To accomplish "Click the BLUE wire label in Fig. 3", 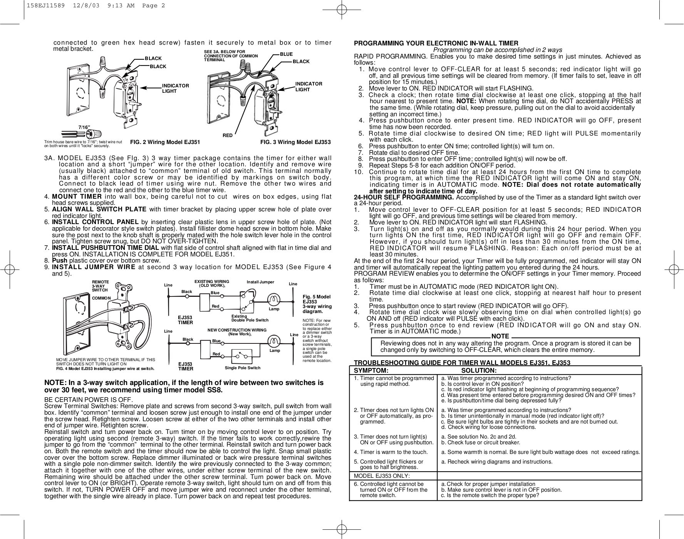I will tap(286, 54).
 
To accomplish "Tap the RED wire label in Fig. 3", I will tap(228, 136).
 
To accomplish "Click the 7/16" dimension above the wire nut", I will tap(84, 127).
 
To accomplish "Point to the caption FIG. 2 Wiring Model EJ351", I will tap(165, 142).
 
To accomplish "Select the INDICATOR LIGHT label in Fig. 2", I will tap(176, 88).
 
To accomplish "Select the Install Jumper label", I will tap(260, 282).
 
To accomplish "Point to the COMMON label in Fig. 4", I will tap(101, 298).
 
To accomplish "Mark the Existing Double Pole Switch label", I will tap(250, 318).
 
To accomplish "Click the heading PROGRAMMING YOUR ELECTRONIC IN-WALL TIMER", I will tap(436, 43).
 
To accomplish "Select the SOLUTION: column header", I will tap(479, 370).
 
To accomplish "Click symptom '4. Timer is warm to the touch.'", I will tap(391, 452).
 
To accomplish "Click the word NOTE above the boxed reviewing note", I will tap(500, 336).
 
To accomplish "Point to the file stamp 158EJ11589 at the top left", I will tap(42, 5).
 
